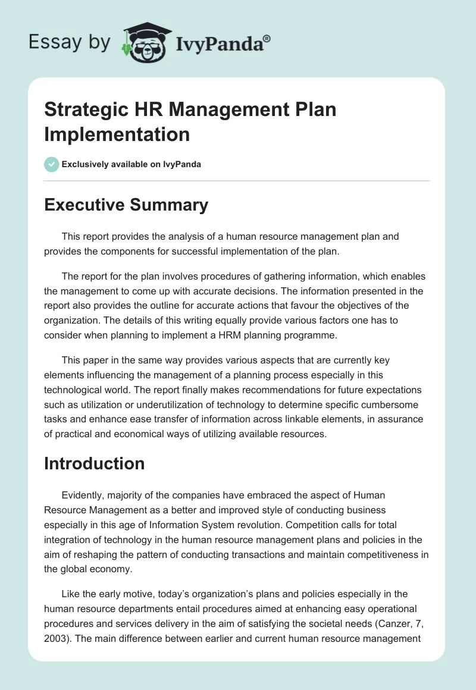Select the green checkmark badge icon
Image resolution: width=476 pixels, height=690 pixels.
tap(52, 164)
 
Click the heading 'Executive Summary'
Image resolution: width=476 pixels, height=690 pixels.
tap(126, 205)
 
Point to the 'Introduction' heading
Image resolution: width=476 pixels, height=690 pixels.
tap(95, 463)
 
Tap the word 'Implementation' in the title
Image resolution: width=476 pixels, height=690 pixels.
tap(117, 134)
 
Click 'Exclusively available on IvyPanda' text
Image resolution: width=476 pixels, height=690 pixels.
tap(131, 164)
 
